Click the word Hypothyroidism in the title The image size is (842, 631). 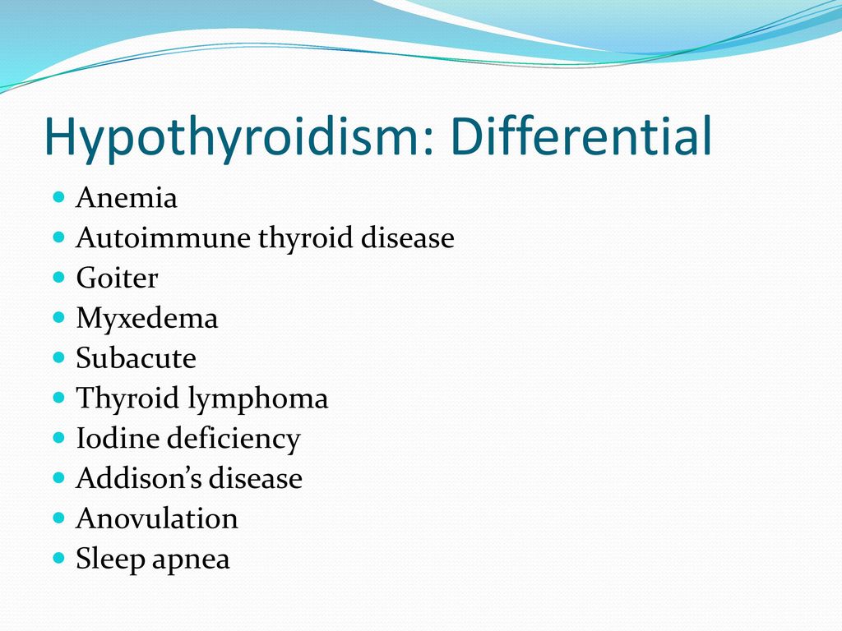click(x=231, y=137)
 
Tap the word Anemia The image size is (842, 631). click(x=126, y=197)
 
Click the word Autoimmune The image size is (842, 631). click(x=164, y=237)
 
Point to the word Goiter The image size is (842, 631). click(x=117, y=278)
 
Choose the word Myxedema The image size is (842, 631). click(x=147, y=319)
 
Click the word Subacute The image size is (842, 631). click(x=136, y=358)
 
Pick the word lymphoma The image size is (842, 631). click(x=257, y=399)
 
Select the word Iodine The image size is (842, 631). click(x=118, y=438)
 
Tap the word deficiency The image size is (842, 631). click(x=234, y=440)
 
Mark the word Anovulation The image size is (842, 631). click(x=157, y=518)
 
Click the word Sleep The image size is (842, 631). click(x=110, y=560)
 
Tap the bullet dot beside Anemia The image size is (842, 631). click(x=59, y=196)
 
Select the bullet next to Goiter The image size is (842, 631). click(x=59, y=277)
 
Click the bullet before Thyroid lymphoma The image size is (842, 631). click(x=59, y=397)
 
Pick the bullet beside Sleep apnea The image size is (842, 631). click(x=59, y=558)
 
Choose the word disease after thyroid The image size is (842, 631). click(x=408, y=237)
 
